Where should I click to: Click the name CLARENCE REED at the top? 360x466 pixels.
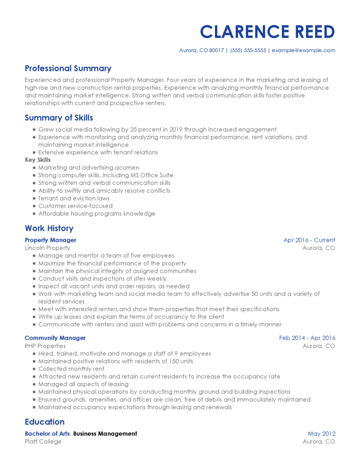point(267,32)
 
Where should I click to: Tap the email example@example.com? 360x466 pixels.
point(304,51)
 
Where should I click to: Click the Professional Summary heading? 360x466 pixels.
point(68,69)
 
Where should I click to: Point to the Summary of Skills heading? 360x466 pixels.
point(59,118)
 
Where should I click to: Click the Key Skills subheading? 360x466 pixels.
point(38,160)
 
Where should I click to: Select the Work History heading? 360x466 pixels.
point(49,228)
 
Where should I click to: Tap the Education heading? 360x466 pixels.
point(45,422)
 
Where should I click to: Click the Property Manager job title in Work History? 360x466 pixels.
point(51,240)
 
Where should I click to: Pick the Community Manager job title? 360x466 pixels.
point(55,338)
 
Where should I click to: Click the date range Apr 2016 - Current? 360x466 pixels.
point(309,240)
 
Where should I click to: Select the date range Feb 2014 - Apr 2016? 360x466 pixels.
point(307,338)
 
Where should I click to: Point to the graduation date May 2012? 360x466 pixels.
point(321,434)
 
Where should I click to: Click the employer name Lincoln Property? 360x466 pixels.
point(47,248)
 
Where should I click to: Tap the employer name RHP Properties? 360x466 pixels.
point(45,346)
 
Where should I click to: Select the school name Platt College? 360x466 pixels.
point(43,441)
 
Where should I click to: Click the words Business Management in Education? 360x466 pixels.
point(105,434)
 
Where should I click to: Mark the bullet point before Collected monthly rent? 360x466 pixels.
point(34,369)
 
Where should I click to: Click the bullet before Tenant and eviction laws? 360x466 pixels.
point(34,198)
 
